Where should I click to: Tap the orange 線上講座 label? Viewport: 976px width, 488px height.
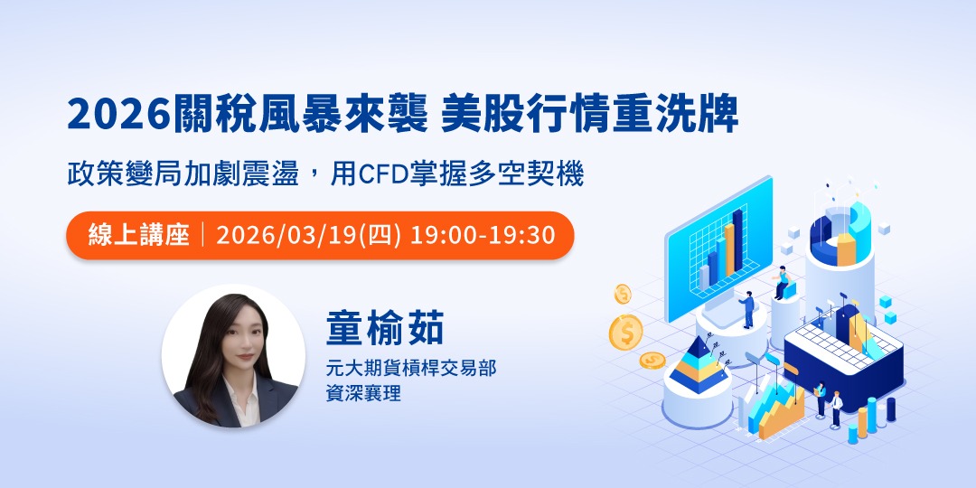(139, 235)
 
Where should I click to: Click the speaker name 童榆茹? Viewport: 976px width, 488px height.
(386, 329)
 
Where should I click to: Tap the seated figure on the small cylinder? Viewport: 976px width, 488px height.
(784, 285)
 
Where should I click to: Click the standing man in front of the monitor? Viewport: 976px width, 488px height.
(749, 309)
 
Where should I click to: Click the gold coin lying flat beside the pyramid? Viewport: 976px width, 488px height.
(652, 361)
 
